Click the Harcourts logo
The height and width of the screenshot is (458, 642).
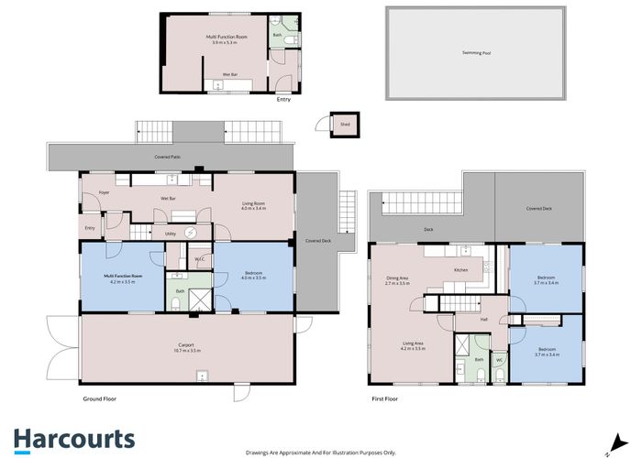[x=73, y=439]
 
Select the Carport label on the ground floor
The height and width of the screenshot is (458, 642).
[x=184, y=347]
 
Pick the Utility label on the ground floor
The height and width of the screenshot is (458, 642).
[x=171, y=234]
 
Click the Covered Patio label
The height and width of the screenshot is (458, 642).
[x=167, y=158]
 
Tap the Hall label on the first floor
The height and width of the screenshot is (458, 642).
[x=483, y=319]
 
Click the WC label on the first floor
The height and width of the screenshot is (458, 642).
[x=499, y=360]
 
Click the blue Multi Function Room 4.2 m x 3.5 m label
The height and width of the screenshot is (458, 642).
[x=122, y=278]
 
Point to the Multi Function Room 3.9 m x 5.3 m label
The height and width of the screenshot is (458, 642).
[x=224, y=39]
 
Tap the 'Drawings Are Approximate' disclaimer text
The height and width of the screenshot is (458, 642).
[x=320, y=452]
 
